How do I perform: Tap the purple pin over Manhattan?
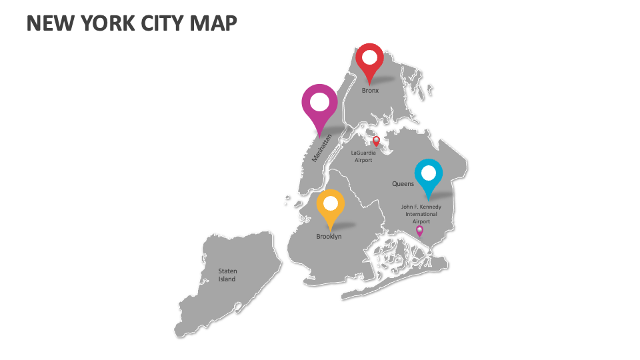(320, 105)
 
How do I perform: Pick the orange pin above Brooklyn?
(331, 205)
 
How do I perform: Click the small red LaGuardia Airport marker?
(376, 141)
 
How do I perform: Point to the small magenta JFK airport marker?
(419, 231)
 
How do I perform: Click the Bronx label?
(370, 91)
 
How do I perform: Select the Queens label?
(403, 184)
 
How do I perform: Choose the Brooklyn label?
(329, 237)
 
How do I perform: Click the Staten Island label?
(227, 275)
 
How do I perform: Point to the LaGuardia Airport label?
(363, 157)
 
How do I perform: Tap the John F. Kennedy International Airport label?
(421, 214)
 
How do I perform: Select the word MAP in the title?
(215, 23)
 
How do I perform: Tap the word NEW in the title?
(49, 23)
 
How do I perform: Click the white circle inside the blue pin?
(429, 173)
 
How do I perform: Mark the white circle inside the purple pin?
(320, 102)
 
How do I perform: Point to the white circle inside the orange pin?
(331, 203)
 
